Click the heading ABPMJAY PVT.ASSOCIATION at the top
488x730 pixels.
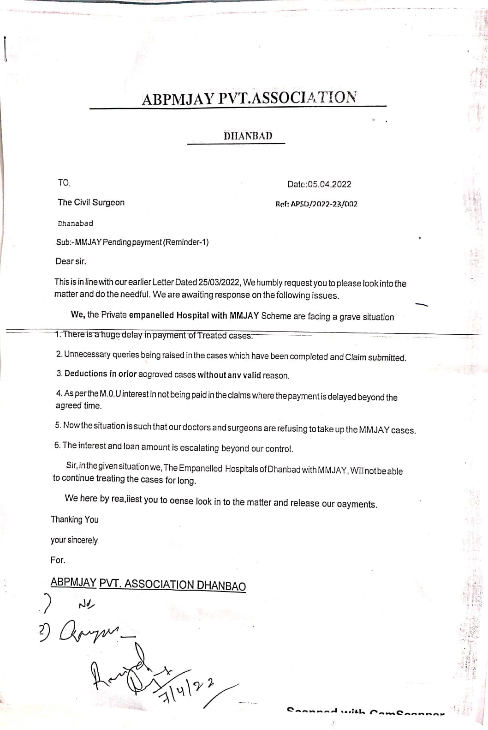pos(249,98)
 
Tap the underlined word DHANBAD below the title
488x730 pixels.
pos(248,136)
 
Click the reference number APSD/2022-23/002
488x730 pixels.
pos(324,204)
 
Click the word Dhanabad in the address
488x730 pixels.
pos(75,223)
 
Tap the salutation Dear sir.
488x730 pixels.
pos(71,261)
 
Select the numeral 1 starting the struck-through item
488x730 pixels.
pos(57,334)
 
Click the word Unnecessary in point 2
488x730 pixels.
pos(87,355)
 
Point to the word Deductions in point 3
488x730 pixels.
pos(86,374)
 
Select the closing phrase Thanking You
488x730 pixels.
pos(75,519)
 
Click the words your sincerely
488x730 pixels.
pos(74,540)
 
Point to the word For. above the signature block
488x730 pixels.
pos(58,560)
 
